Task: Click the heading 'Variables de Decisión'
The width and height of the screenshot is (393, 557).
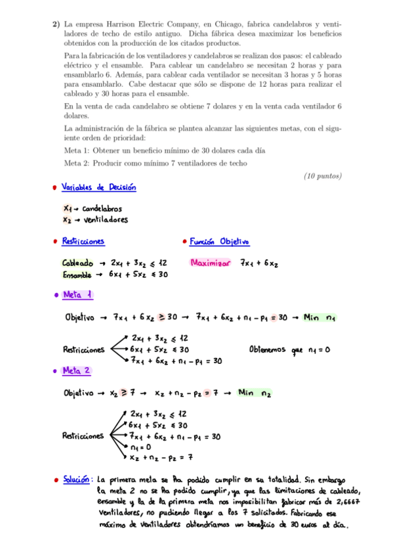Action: pyautogui.click(x=99, y=188)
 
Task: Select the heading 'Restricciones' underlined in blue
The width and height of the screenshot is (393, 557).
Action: pyautogui.click(x=83, y=242)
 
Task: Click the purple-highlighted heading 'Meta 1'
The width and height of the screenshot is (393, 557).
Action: pyautogui.click(x=77, y=296)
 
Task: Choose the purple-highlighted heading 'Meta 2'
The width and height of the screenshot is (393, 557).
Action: pyautogui.click(x=77, y=372)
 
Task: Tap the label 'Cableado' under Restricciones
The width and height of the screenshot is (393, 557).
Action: pyautogui.click(x=77, y=263)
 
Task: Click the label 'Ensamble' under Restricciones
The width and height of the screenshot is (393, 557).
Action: pyautogui.click(x=78, y=275)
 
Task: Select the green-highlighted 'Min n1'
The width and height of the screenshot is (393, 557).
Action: pyautogui.click(x=320, y=318)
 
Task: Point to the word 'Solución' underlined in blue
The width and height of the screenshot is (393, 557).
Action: pyautogui.click(x=75, y=479)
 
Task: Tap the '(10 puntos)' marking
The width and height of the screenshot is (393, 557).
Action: pyautogui.click(x=323, y=176)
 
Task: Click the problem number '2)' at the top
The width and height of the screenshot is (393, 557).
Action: pyautogui.click(x=56, y=24)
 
